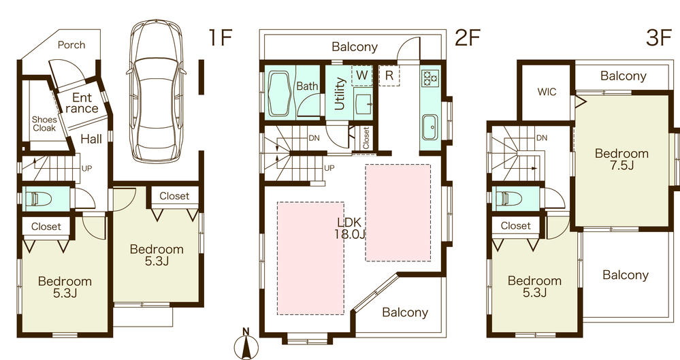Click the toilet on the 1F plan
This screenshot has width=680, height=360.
click(x=37, y=199)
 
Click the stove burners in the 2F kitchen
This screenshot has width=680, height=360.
click(x=431, y=78)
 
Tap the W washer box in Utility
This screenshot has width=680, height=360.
click(x=362, y=75)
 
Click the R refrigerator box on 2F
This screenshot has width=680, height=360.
click(x=388, y=75)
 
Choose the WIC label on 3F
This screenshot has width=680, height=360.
click(x=547, y=92)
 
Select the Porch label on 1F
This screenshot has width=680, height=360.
click(x=71, y=45)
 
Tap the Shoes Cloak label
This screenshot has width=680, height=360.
click(x=44, y=124)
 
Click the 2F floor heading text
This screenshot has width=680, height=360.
click(x=468, y=38)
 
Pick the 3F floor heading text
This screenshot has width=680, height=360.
click(x=659, y=38)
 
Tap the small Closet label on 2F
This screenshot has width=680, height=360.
click(x=366, y=139)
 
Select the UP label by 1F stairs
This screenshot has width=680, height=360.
click(x=86, y=167)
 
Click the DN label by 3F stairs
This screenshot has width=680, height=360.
click(x=542, y=138)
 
